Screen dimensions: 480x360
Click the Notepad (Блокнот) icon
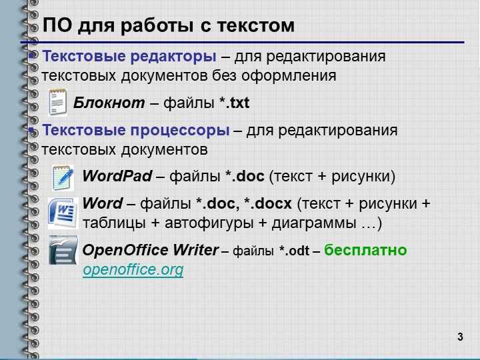57,102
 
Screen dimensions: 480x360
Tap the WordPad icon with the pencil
63,177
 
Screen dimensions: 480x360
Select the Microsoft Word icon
63,213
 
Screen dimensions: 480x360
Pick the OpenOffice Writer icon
63,251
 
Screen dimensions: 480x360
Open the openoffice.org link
133,270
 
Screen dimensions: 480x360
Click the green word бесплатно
365,250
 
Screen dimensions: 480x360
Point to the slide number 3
460,337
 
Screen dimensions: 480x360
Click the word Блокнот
109,103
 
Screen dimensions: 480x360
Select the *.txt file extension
235,103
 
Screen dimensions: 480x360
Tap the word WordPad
117,176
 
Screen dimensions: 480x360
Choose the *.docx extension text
268,203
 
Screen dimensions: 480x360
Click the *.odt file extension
294,251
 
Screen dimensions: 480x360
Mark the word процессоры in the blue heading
180,131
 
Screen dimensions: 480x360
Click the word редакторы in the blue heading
173,56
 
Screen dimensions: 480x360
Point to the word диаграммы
314,223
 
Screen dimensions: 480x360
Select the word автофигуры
209,223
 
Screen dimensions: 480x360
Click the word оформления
289,75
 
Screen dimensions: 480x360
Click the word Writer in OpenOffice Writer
195,250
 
